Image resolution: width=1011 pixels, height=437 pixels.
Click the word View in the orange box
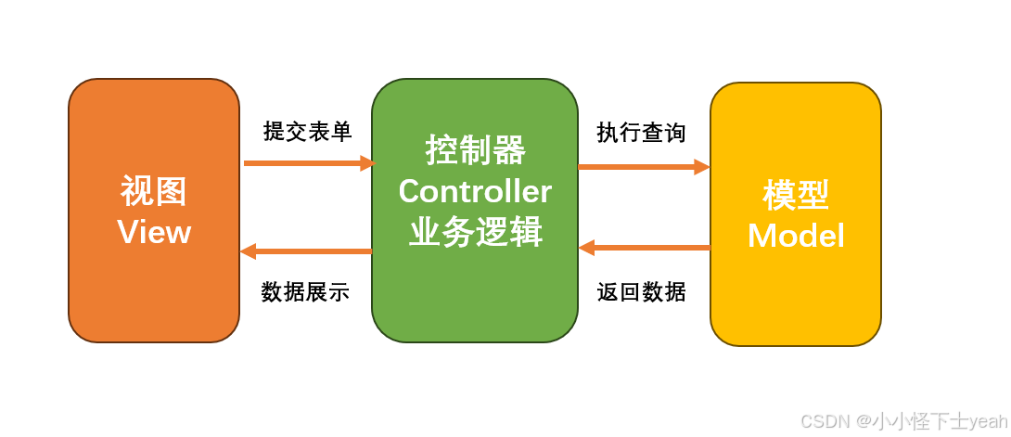click(x=154, y=232)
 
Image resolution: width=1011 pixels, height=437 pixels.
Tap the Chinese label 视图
click(x=154, y=191)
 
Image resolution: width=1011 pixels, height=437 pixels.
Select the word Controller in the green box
click(x=475, y=191)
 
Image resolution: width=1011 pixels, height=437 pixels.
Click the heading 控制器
click(x=475, y=149)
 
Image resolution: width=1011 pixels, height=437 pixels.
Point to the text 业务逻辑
click(x=475, y=232)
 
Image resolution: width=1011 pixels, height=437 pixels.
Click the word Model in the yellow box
click(x=796, y=236)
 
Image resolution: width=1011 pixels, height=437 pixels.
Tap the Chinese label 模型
click(x=796, y=195)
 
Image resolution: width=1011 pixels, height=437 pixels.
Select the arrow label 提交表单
click(x=307, y=132)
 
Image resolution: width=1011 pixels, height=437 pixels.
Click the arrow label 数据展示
click(x=305, y=292)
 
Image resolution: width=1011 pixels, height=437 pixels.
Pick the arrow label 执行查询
click(x=641, y=133)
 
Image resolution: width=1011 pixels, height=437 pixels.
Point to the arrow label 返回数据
click(x=641, y=292)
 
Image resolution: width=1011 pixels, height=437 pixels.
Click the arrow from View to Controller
click(x=306, y=163)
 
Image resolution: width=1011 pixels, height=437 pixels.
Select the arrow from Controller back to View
click(x=306, y=251)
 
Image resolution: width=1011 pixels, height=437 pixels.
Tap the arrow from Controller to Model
click(x=642, y=167)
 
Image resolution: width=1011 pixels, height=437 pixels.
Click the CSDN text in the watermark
click(x=825, y=422)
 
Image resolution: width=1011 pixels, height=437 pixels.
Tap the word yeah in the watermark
click(x=988, y=422)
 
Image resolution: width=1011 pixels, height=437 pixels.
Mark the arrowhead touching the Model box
click(x=702, y=167)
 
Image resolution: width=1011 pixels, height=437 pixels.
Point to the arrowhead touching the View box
click(x=248, y=251)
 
